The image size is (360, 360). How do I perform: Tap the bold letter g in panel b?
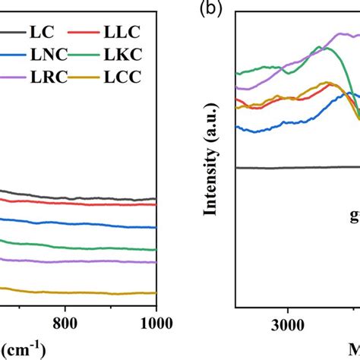tap(354, 214)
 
